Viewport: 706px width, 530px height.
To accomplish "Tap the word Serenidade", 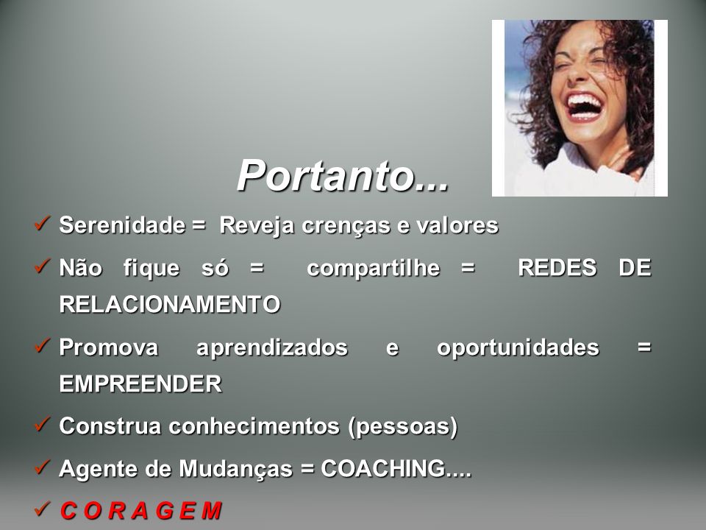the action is pos(122,225).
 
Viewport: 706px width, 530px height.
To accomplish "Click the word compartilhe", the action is pos(374,269).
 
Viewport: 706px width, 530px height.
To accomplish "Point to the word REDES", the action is pos(557,267).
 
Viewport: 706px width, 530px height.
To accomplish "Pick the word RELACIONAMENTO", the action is pos(170,304).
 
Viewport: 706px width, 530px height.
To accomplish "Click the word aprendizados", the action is pos(272,348).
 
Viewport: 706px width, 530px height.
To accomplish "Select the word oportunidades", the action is pos(518,348).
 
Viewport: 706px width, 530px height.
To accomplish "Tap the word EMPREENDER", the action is pos(140,384).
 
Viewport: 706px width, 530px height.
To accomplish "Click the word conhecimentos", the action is pos(254,426).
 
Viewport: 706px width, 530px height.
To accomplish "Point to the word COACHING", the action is pos(383,469).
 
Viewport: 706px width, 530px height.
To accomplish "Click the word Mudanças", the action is pos(235,469).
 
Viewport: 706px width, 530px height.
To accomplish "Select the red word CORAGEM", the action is pos(141,511).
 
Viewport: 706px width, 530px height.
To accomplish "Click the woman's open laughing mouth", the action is pos(584,107).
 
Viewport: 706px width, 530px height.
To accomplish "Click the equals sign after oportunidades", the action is pos(644,347).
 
